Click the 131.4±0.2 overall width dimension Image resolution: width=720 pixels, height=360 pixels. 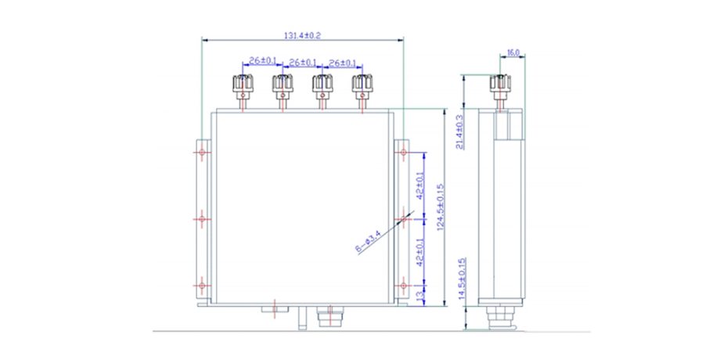point(302,35)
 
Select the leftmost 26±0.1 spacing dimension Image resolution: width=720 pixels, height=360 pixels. point(261,60)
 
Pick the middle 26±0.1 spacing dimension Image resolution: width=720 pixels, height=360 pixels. point(302,62)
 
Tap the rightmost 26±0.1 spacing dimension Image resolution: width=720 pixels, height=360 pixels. point(342,62)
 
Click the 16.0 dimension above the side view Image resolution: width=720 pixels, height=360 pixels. point(513,53)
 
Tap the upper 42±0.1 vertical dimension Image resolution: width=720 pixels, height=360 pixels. point(419,185)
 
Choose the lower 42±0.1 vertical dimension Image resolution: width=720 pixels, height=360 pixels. point(419,254)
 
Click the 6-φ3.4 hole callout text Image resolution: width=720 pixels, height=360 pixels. point(369,242)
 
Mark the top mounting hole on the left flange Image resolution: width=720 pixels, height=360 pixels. point(201,150)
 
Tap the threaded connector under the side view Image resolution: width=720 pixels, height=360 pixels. point(499,318)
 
